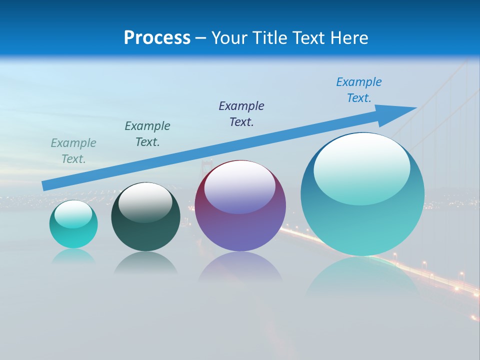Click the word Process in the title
pos(157,38)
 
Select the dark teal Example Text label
pos(147,134)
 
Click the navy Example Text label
pos(241,114)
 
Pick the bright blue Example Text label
pos(359,90)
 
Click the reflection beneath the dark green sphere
pos(145,263)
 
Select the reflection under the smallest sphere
pos(73,256)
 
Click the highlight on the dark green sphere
pos(145,202)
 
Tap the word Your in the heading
pos(228,38)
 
